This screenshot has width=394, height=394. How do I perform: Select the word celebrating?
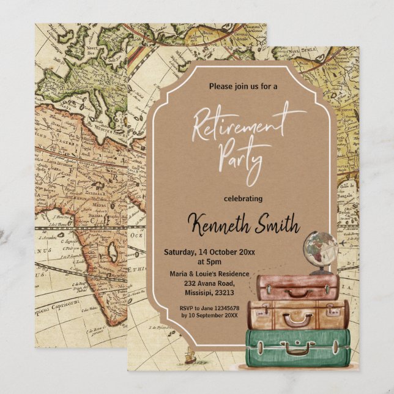pyautogui.click(x=243, y=198)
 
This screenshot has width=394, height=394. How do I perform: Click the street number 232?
pyautogui.click(x=184, y=284)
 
